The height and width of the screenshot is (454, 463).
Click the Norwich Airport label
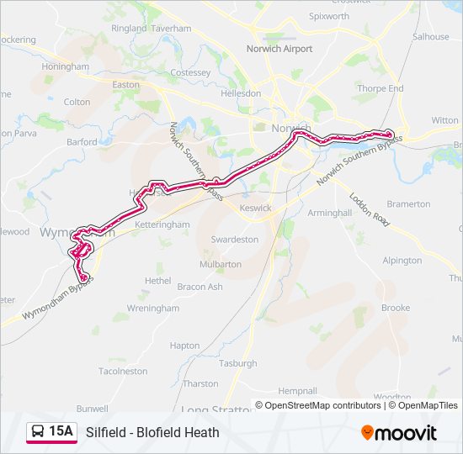279,49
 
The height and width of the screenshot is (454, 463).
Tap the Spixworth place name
329,16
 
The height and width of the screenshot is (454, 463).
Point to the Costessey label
190,73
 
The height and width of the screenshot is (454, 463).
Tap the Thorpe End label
381,88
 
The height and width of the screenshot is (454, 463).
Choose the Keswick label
256,208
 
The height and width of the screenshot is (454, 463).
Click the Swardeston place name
235,239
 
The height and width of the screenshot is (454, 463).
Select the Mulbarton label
221,264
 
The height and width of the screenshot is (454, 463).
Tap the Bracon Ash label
200,287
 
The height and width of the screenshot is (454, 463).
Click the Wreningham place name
152,309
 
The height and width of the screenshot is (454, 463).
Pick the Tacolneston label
123,371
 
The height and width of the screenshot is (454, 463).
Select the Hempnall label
298,391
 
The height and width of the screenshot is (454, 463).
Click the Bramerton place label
408,204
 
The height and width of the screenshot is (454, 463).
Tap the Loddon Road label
370,209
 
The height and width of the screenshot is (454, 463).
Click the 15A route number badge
61,431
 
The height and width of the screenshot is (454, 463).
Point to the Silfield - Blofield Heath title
152,432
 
